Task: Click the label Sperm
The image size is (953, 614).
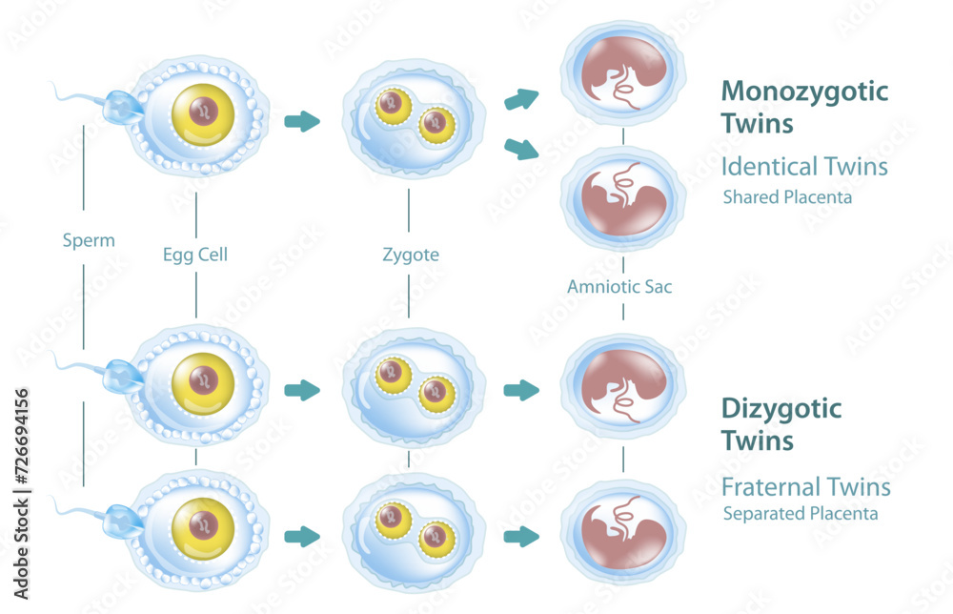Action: (88, 240)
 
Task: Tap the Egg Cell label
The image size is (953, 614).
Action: (194, 255)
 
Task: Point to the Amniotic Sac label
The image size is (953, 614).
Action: (619, 286)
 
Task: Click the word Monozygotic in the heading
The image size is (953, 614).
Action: (804, 92)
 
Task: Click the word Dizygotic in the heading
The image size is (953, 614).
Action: (781, 410)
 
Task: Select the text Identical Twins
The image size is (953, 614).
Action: (804, 167)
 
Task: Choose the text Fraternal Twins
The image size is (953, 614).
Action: (805, 487)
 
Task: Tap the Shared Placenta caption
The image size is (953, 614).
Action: (787, 198)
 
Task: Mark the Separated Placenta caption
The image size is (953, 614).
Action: (801, 514)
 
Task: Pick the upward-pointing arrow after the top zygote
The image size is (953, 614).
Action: (521, 97)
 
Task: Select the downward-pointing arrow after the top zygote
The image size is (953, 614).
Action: (521, 148)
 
